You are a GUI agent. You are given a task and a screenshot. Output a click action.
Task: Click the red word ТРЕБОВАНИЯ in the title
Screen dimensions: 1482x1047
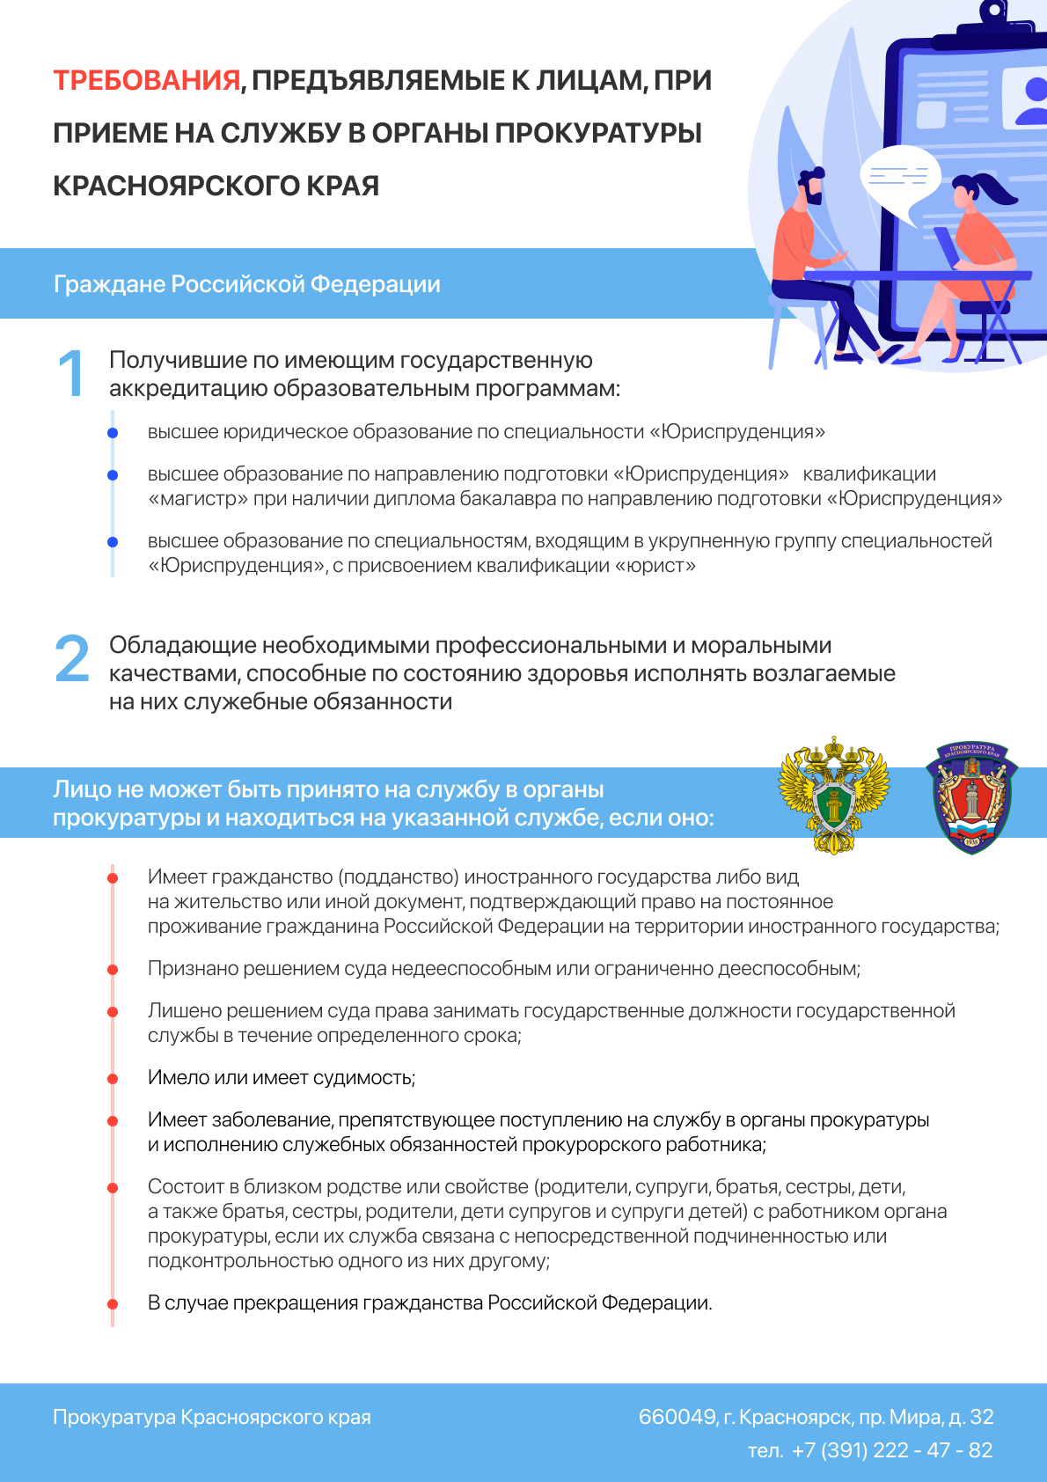[147, 81]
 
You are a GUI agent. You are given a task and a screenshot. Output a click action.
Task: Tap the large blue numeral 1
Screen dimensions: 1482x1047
[70, 373]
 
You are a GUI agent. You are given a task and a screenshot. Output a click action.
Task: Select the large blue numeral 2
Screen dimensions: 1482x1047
[72, 659]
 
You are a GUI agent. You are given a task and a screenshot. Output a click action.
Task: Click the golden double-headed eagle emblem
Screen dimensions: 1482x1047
[833, 796]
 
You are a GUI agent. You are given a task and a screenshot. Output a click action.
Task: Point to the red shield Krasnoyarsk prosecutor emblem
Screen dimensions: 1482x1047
[971, 797]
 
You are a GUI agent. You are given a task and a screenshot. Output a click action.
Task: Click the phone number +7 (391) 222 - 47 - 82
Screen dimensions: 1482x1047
[891, 1450]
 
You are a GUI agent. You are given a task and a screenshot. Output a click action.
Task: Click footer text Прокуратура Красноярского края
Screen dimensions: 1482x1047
[212, 1417]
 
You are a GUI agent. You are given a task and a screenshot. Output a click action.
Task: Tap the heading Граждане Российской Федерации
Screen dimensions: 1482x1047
[247, 284]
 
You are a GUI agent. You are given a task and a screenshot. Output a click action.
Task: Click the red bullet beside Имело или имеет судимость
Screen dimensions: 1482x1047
[113, 1079]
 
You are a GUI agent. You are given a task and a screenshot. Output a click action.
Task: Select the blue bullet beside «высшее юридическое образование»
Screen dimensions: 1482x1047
[113, 433]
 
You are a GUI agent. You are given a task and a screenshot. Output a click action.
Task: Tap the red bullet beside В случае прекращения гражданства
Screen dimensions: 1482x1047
[113, 1304]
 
